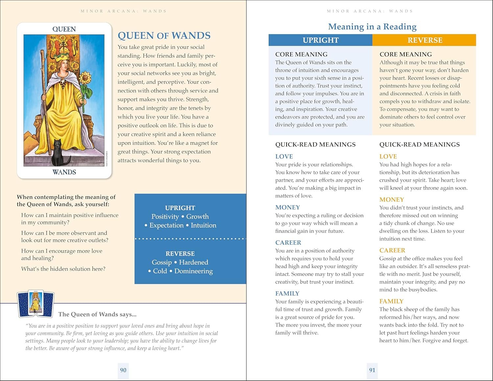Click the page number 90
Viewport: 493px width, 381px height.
(123, 370)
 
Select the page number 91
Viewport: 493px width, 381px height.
(372, 370)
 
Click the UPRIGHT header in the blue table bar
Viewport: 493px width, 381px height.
(320, 40)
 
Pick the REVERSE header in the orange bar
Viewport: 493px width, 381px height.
(425, 40)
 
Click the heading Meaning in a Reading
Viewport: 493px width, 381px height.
(372, 27)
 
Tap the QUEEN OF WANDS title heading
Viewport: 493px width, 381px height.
(164, 35)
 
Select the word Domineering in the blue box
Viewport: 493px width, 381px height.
(193, 271)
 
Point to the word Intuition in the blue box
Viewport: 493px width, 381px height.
(203, 225)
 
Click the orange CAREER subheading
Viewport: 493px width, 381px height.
(392, 250)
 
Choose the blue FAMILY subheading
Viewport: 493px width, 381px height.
(287, 293)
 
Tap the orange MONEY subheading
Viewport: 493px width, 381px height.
(391, 199)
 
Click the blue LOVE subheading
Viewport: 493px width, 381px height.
(284, 156)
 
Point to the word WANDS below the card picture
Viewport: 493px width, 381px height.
(64, 172)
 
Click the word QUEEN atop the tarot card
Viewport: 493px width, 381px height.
(64, 29)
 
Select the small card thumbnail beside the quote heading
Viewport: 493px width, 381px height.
(35, 304)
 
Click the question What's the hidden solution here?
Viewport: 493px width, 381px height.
(63, 269)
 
